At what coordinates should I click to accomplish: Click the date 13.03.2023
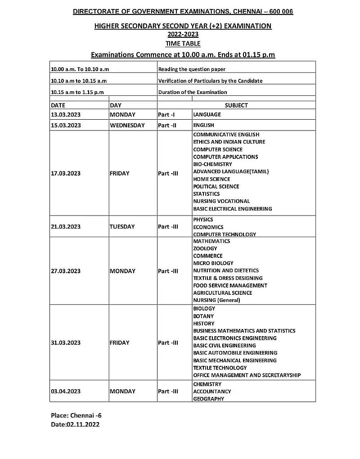66,115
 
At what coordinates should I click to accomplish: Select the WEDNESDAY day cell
127,126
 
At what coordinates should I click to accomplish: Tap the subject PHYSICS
203,220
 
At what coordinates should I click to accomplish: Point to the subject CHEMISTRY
207,384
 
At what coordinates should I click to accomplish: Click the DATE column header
58,105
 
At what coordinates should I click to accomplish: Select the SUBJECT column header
236,105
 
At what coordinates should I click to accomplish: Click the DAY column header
116,105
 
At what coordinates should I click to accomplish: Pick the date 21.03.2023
66,227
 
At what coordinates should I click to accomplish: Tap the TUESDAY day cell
122,227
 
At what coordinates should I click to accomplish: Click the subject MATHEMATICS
211,241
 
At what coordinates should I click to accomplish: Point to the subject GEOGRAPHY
208,399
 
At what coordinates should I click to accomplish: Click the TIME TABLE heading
183,44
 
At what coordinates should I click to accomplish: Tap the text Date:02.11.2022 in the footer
75,424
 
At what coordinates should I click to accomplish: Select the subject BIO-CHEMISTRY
212,164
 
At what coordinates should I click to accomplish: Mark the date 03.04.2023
66,391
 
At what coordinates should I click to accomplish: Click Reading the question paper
192,69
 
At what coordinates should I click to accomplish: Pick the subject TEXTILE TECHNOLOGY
220,368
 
